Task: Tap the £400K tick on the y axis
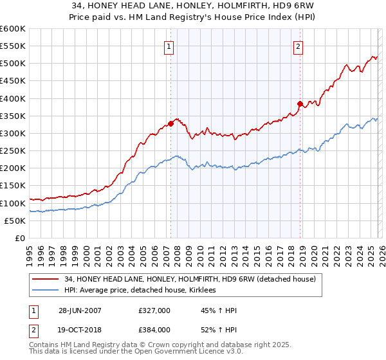click(13, 98)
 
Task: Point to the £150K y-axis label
click(13, 186)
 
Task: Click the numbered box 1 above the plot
click(169, 46)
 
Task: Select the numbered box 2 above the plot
click(299, 46)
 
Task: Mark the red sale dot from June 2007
click(170, 123)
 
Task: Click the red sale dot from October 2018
click(300, 104)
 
